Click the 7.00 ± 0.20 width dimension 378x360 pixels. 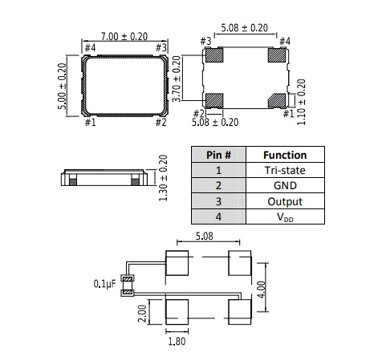[124, 37]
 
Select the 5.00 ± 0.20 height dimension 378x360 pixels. [62, 86]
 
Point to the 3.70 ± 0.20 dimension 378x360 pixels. [177, 79]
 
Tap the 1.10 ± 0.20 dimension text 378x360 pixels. [301, 102]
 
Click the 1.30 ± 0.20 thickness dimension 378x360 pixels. [163, 178]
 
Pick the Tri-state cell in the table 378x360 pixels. [285, 170]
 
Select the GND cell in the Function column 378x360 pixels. [285, 185]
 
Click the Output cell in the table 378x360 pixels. [285, 201]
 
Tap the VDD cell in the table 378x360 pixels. [285, 216]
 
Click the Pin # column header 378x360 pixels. [218, 155]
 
